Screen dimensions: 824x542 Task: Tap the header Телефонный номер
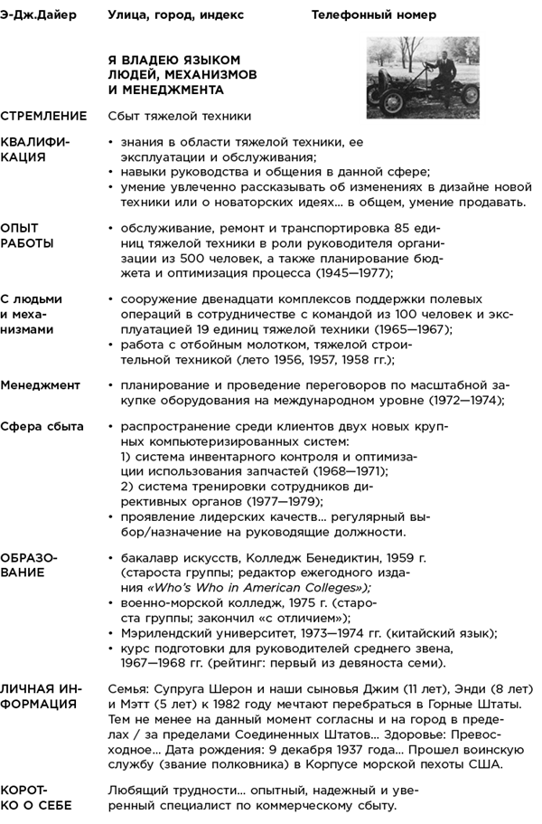[373, 15]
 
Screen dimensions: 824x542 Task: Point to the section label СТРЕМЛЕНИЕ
[44, 117]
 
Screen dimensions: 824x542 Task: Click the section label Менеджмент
[41, 384]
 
